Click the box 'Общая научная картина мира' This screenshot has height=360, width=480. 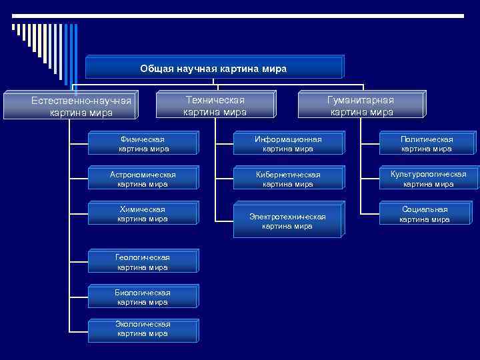click(214, 68)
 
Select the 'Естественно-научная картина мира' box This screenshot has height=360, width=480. click(81, 107)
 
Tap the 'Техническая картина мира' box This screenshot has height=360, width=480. click(215, 106)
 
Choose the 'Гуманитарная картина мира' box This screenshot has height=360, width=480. click(361, 106)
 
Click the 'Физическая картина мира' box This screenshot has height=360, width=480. click(143, 144)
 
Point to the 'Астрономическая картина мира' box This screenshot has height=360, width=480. click(143, 179)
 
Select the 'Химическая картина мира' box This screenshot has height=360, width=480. click(143, 214)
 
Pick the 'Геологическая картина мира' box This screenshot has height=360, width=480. click(143, 262)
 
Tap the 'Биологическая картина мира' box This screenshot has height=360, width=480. click(143, 297)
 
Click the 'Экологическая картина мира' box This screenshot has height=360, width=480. click(143, 329)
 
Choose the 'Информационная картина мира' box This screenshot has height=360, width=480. click(287, 144)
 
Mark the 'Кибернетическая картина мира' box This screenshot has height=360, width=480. click(287, 179)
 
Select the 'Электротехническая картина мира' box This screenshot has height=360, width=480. click(287, 221)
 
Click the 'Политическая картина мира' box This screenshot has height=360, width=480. click(427, 144)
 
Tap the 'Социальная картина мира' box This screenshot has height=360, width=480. click(425, 214)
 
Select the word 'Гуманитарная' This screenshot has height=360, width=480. click(361, 100)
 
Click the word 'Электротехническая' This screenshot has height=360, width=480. click(287, 217)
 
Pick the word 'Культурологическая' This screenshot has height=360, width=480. click(429, 174)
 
